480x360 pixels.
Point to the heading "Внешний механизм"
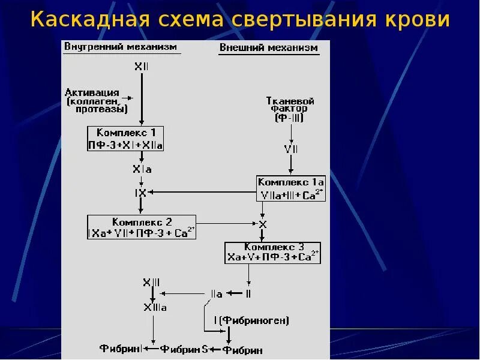coord(269,48)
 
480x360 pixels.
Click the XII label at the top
coord(142,67)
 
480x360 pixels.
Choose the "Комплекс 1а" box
coord(291,188)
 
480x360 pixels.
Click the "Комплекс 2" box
coord(142,227)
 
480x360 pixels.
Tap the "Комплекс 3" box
coord(273,252)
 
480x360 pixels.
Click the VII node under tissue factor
coord(291,149)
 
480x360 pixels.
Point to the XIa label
coord(142,170)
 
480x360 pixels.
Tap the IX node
coord(140,192)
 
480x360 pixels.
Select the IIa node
coord(216,294)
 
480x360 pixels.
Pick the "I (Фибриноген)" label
coord(251,320)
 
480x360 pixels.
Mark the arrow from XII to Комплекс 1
coord(142,99)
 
